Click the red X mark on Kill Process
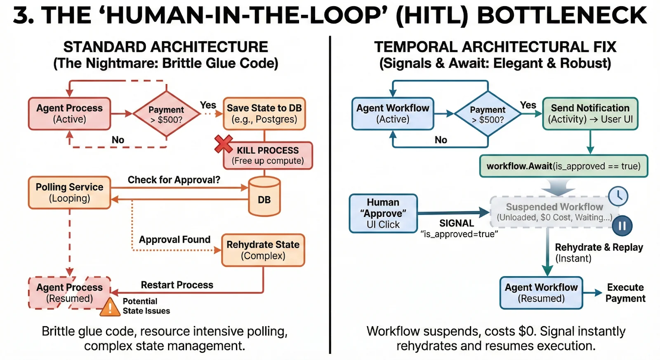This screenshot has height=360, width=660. point(224,144)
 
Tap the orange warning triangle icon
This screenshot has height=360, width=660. point(110,308)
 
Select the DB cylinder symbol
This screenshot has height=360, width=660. point(264,197)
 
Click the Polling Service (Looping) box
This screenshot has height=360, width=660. point(69,193)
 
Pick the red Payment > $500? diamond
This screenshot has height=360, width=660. point(166,114)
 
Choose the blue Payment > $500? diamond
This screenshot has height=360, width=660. point(488,114)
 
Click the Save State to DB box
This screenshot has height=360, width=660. point(264,114)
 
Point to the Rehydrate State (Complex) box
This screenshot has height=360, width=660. point(263,250)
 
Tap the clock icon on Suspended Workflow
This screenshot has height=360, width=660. point(618,196)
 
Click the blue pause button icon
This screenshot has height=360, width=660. point(622,226)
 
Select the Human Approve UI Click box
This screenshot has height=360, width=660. point(383,214)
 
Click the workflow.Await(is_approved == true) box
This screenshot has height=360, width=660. point(563,166)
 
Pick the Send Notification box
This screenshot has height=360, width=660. point(590,114)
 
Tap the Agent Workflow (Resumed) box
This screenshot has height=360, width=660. point(541,293)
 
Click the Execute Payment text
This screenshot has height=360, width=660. point(625,293)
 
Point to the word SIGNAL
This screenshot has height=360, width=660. point(457,223)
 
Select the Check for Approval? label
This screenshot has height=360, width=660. point(174,180)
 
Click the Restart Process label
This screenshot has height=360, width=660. point(177,285)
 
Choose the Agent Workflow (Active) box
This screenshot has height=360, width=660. point(393,114)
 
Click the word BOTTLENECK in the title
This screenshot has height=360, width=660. point(562,15)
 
